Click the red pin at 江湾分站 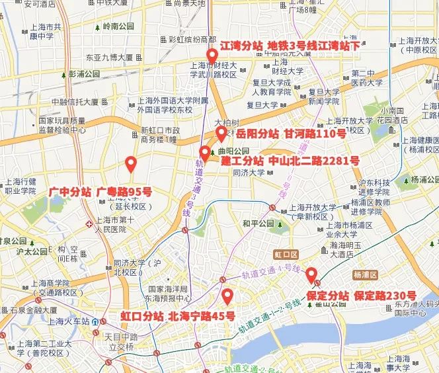[212, 56]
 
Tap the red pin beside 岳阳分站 [221, 134]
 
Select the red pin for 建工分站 [204, 155]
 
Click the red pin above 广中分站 [131, 163]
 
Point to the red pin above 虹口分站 [227, 296]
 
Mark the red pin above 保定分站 [310, 273]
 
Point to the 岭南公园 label [118, 27]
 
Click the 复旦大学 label [262, 104]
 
